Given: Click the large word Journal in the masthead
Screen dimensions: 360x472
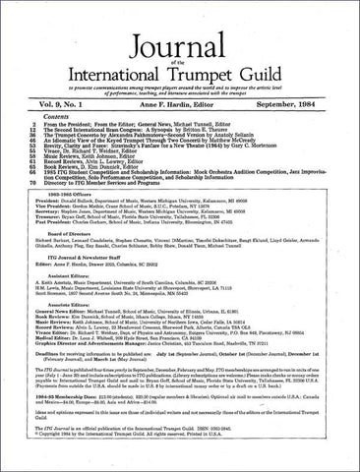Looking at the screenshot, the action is (179, 28).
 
